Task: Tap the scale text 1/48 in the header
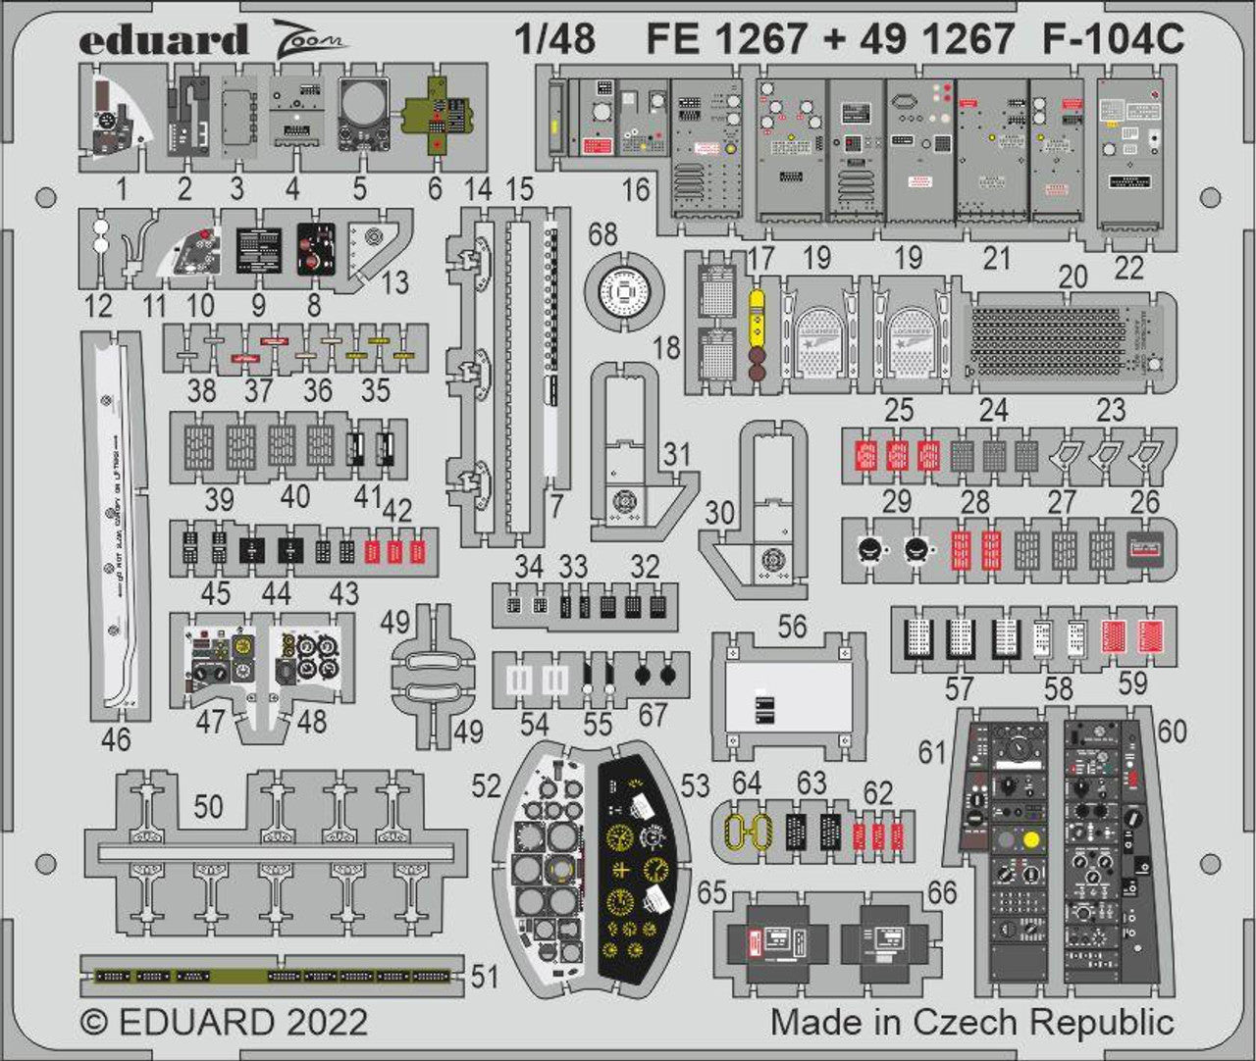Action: pyautogui.click(x=554, y=39)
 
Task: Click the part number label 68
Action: pyautogui.click(x=603, y=235)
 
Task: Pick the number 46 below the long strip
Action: pyautogui.click(x=116, y=739)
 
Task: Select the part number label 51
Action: pyautogui.click(x=485, y=978)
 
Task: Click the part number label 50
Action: pyautogui.click(x=208, y=806)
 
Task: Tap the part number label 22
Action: pyautogui.click(x=1128, y=268)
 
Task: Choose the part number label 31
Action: pyautogui.click(x=676, y=454)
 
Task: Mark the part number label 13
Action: pyautogui.click(x=393, y=284)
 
